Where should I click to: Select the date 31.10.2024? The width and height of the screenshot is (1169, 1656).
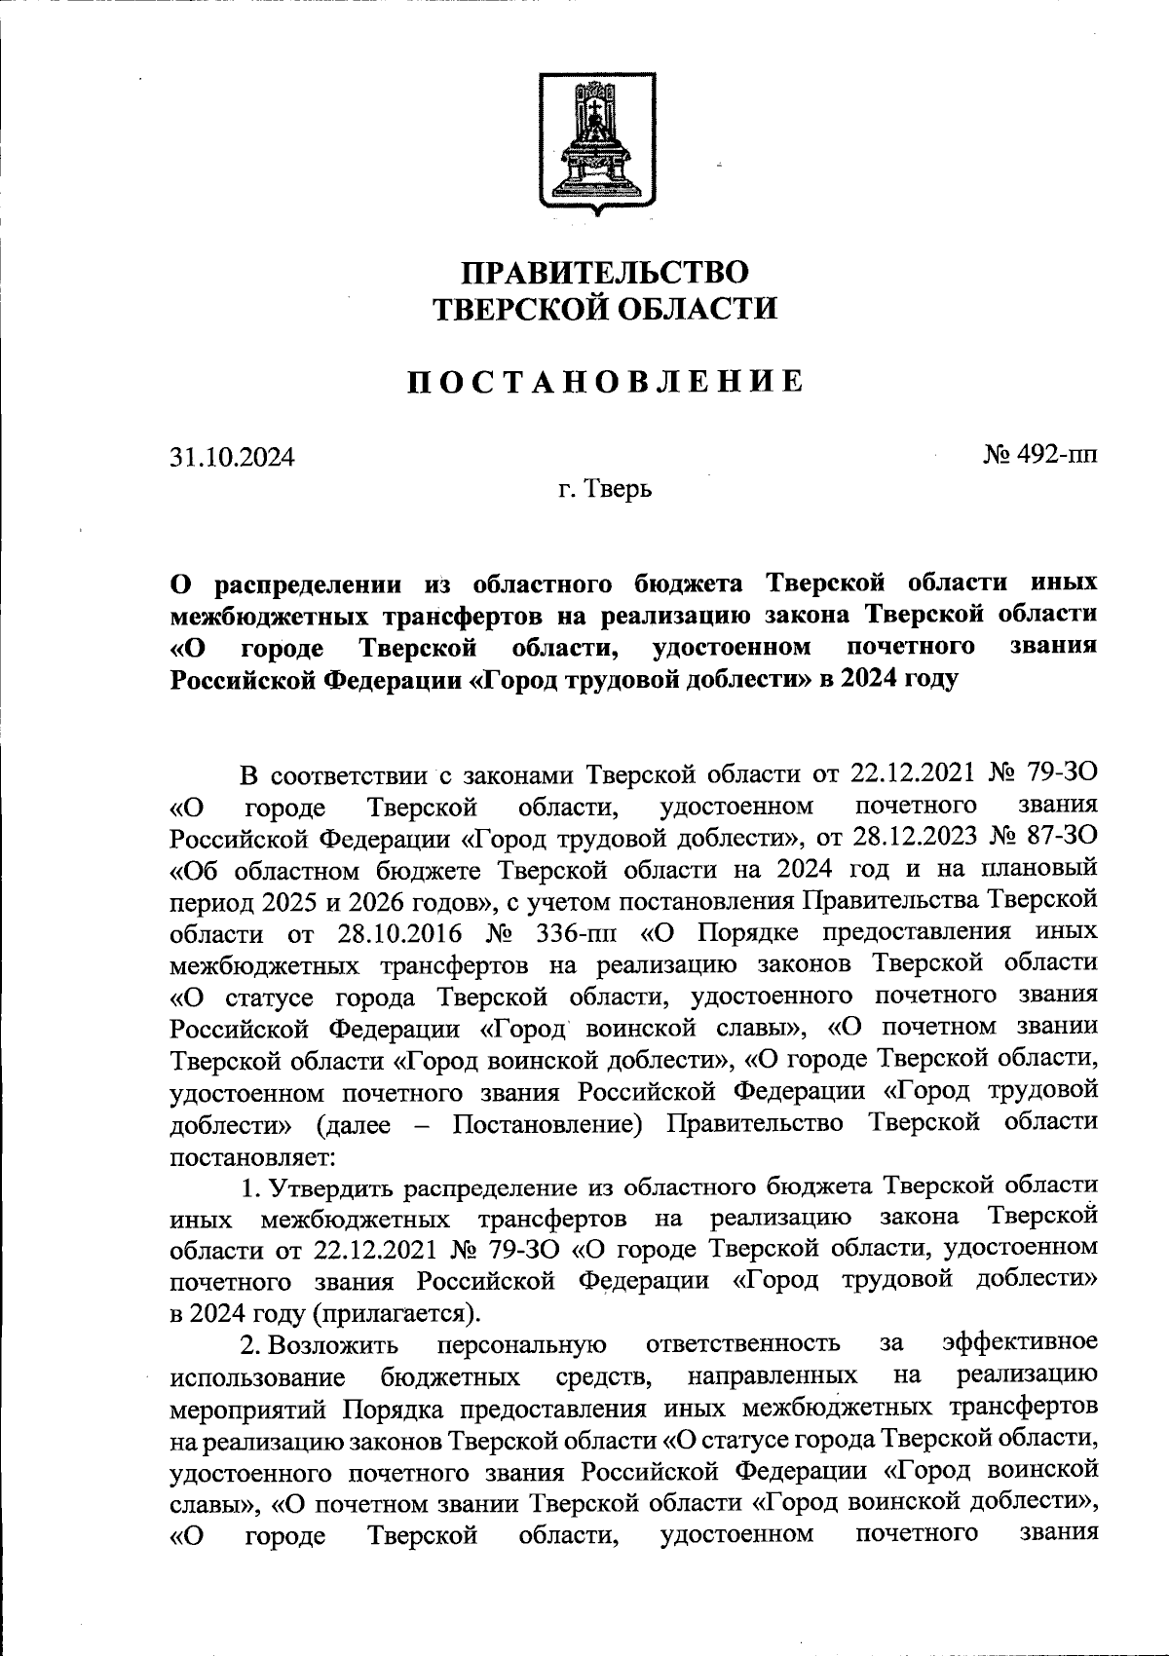(231, 456)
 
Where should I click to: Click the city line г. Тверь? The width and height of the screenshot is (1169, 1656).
(604, 488)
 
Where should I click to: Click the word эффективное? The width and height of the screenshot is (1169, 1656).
(1022, 1344)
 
